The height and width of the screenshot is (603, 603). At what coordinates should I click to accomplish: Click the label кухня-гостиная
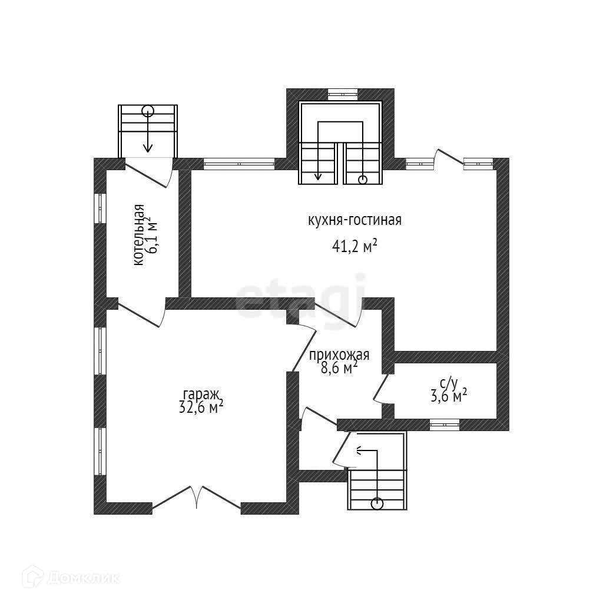pos(354,221)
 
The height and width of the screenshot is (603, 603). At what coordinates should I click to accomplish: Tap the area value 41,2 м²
pos(354,247)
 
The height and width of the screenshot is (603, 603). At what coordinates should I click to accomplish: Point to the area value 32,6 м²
pos(201,407)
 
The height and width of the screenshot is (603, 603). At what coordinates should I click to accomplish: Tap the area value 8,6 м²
pos(340,368)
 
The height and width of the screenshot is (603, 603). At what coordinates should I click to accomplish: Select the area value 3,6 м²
pos(449,396)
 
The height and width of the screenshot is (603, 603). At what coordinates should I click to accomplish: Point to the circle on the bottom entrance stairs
pos(377,503)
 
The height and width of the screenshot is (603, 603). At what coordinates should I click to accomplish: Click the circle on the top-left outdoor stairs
pos(147,110)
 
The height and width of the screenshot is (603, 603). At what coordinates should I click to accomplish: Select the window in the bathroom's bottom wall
pos(444,424)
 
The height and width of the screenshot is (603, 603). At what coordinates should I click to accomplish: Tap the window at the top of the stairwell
pos(342,93)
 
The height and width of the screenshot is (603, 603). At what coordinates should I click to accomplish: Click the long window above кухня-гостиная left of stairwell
pos(238,164)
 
